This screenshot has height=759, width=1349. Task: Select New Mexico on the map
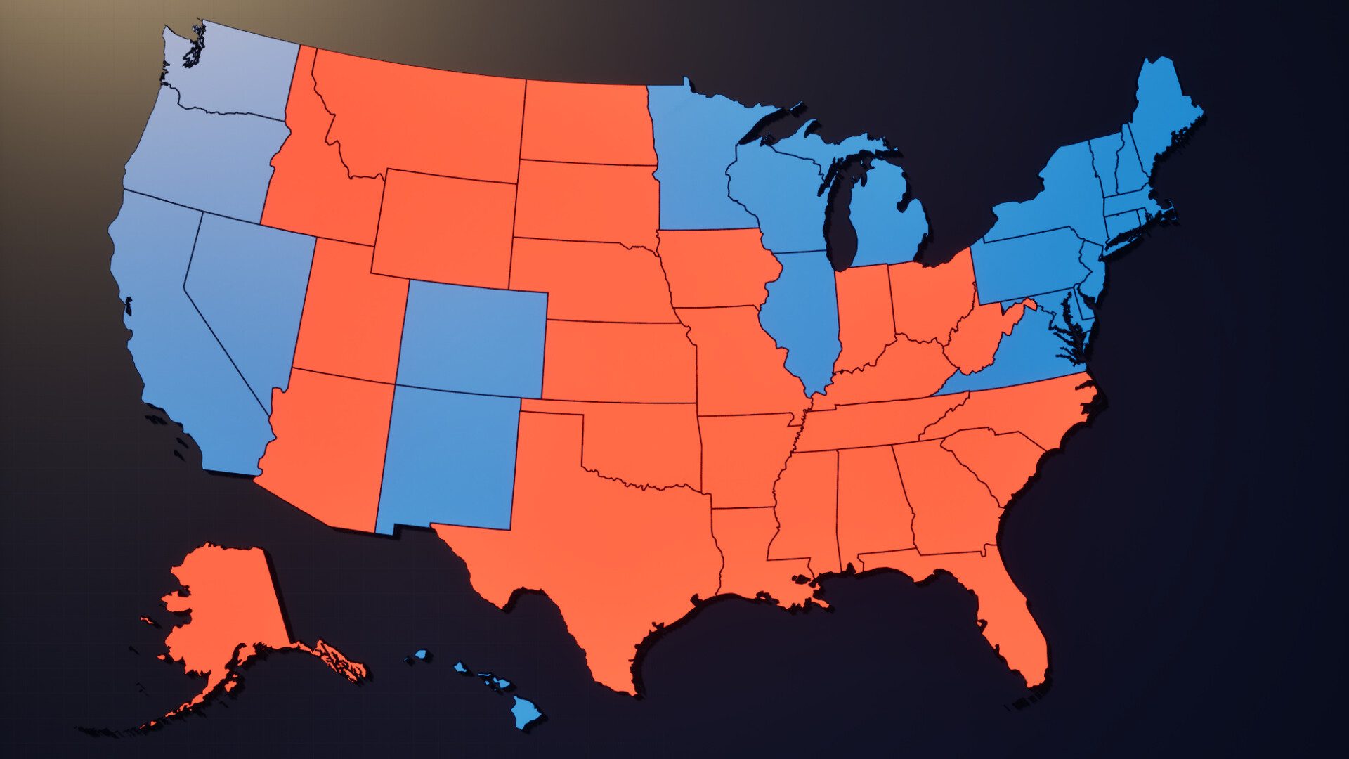tap(450, 457)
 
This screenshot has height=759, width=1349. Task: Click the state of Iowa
tap(717, 271)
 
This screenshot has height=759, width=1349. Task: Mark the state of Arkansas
tap(741, 457)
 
